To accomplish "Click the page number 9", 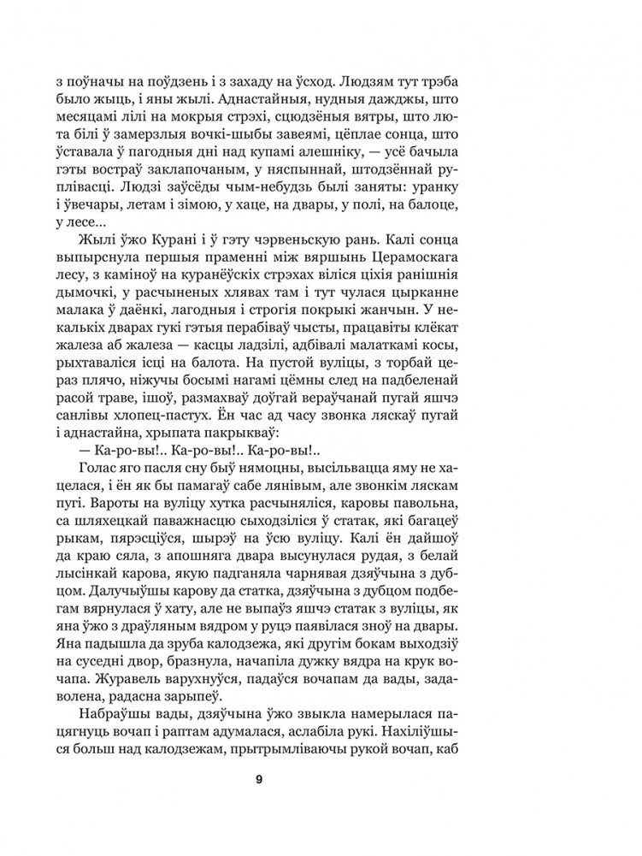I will coord(321,778).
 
